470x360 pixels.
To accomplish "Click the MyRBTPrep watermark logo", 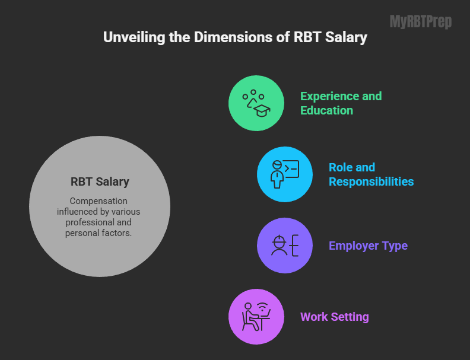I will [x=420, y=23].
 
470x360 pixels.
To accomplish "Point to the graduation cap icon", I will [x=261, y=109].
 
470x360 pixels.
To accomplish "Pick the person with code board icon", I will [x=284, y=174].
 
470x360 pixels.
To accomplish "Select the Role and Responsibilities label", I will [x=371, y=174].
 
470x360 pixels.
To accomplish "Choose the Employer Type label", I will [x=368, y=246].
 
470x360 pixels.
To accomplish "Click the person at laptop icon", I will [x=256, y=317].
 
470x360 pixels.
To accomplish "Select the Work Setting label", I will [x=334, y=317].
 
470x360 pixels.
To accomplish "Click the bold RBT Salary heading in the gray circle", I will [x=100, y=181].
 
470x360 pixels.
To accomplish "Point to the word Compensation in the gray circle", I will [x=99, y=201].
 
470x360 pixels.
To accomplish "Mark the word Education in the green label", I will [x=326, y=110].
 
